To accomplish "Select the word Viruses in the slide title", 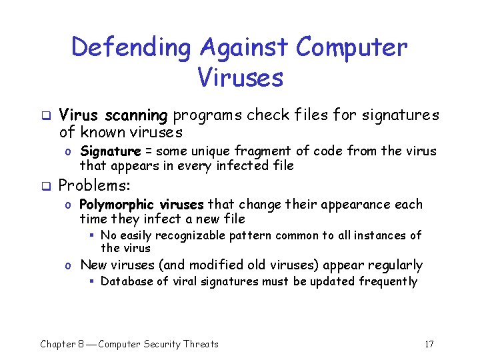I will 240,77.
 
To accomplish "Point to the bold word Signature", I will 110,151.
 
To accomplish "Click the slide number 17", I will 429,344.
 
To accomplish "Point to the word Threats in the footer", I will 197,344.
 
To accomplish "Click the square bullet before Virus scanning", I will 45,115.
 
